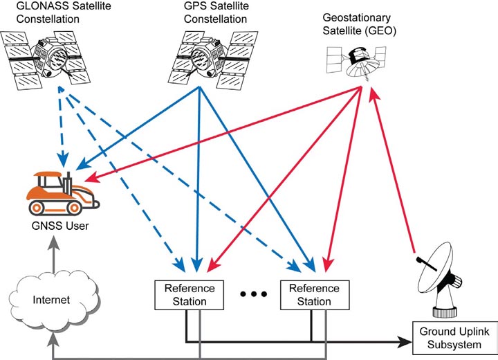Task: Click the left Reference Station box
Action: (x=190, y=295)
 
